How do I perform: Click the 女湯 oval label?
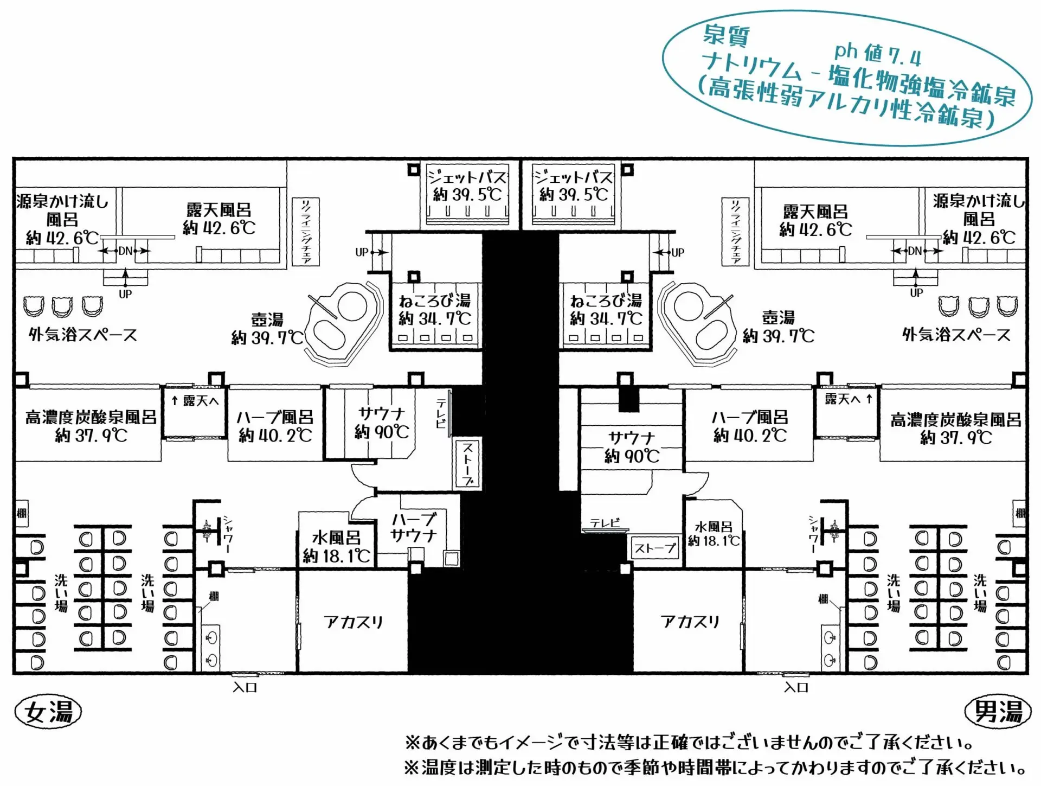coord(48,712)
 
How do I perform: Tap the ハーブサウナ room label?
coord(413,527)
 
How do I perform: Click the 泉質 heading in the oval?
coord(726,36)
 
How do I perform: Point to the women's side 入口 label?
coord(245,687)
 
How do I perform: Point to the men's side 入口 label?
coord(796,687)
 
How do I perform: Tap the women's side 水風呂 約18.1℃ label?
coord(336,547)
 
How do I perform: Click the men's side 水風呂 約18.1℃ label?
coord(714,534)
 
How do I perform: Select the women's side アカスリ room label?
coord(354,622)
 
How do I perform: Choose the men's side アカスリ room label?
coord(690,622)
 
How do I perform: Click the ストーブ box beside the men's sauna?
coord(655,548)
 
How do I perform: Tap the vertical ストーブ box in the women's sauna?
coord(467,463)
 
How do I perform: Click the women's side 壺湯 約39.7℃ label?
coord(267,329)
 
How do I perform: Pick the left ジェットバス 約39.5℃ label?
coord(467,186)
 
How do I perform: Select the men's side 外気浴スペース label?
coord(956,335)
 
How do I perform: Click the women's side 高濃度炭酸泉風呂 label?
coord(91,426)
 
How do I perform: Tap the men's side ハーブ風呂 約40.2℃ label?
coord(750,426)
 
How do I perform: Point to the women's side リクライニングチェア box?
coord(306,232)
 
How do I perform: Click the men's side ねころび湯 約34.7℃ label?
coord(606,309)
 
